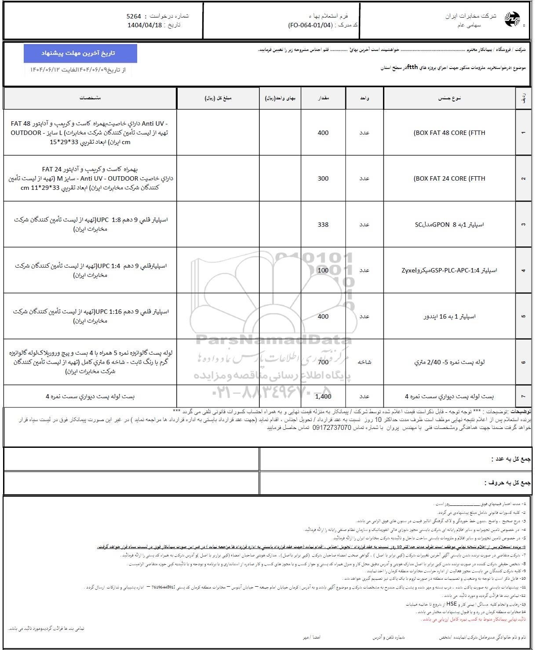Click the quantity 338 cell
(x=323, y=225)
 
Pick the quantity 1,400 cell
(x=323, y=396)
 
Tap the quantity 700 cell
(x=323, y=362)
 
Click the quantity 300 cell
(x=323, y=178)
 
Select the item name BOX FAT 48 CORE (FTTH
(x=449, y=133)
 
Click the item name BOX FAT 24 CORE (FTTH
(x=449, y=178)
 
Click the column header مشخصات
(x=90, y=98)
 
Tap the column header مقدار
(x=323, y=98)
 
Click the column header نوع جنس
(x=449, y=98)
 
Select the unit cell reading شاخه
(x=365, y=362)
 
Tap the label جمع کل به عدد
(x=509, y=459)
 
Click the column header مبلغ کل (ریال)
(x=218, y=98)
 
